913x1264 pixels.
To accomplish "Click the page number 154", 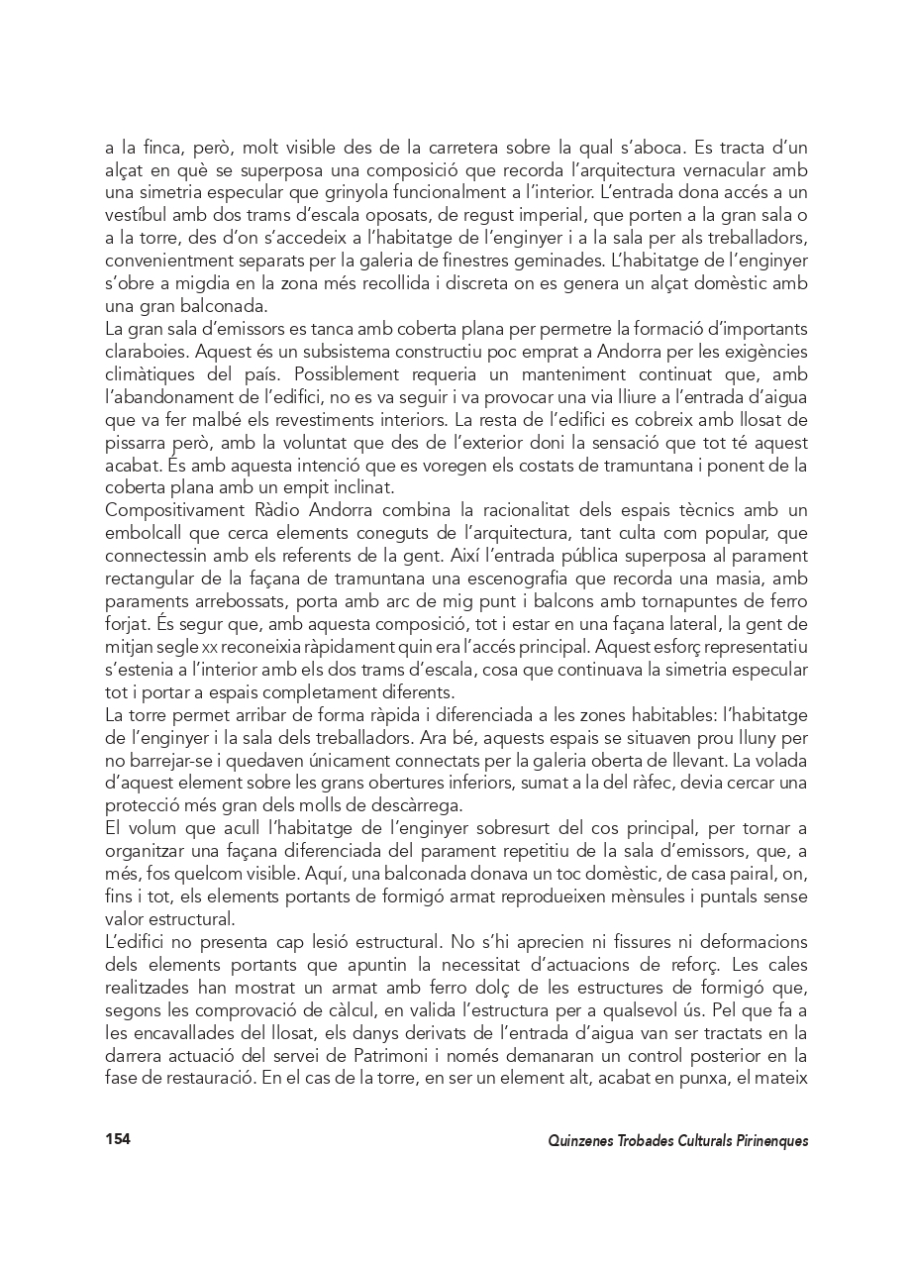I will (x=118, y=1139).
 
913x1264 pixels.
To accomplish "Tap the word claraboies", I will (x=142, y=352).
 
